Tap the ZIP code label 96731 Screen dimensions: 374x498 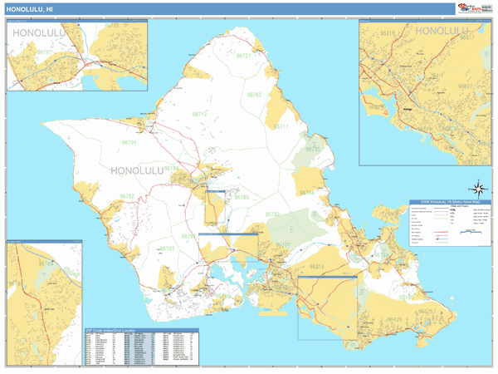point(244,55)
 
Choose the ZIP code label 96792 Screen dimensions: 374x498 point(129,197)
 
